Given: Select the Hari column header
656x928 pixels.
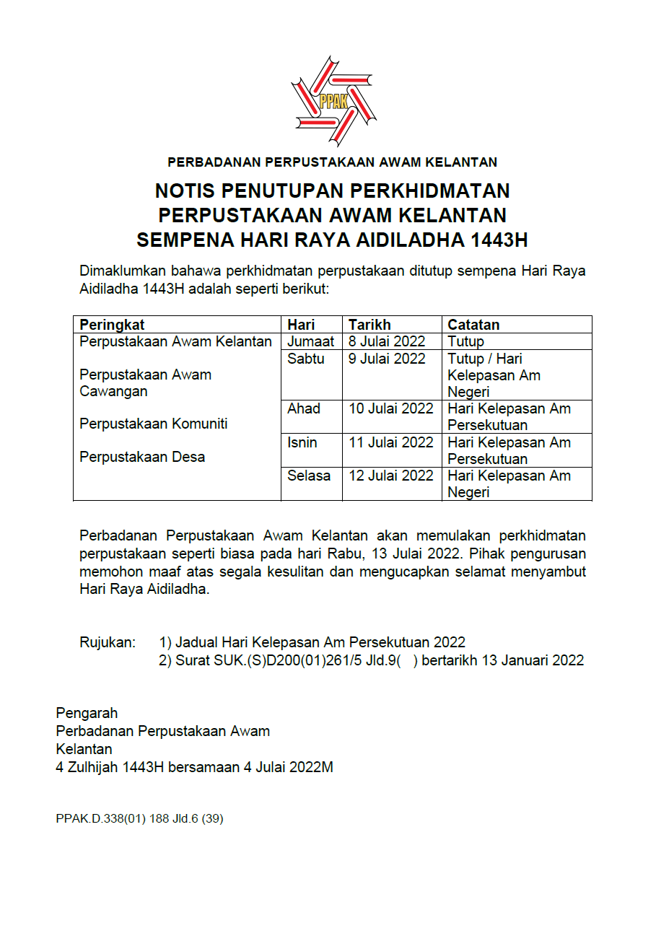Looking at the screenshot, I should tap(301, 325).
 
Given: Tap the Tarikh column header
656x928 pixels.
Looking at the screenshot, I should tap(369, 325).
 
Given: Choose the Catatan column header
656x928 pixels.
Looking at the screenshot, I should tap(473, 325).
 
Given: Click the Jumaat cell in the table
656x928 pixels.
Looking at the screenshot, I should tap(310, 341).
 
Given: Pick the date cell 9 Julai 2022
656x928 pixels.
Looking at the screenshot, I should tap(387, 359).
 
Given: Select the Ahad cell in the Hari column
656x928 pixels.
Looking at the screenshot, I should tap(303, 408).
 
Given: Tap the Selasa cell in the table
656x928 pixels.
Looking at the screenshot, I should tap(309, 476).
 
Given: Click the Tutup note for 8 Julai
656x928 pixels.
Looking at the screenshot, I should tap(465, 341).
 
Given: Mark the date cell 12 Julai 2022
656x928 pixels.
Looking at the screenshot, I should tap(390, 476).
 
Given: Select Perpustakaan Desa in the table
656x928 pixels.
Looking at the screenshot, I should tap(142, 457).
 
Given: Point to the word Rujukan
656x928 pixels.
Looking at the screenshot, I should tap(107, 642).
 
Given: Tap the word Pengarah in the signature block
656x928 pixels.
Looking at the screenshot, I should tap(87, 714).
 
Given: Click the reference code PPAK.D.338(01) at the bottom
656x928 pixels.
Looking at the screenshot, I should tap(100, 819).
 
